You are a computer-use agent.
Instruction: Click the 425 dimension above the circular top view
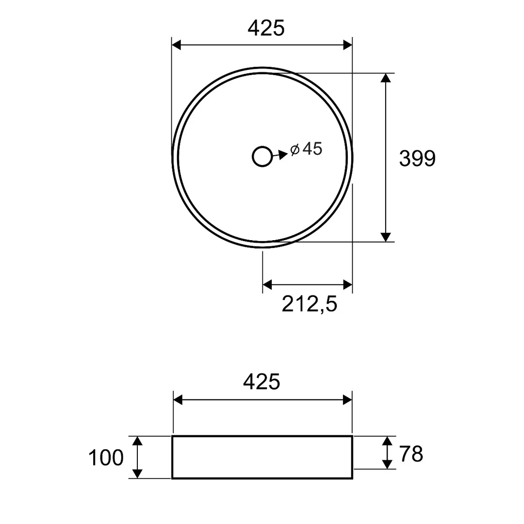(x=266, y=28)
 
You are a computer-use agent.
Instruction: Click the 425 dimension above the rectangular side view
(x=262, y=382)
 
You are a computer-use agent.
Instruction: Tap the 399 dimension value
(x=417, y=158)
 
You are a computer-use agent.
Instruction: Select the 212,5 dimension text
(x=310, y=304)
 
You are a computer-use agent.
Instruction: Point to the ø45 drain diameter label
(x=306, y=149)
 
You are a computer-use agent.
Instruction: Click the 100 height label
(x=106, y=458)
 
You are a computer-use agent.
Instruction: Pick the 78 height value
(x=411, y=454)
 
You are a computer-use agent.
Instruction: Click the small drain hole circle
(x=262, y=156)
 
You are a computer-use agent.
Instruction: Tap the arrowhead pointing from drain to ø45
(x=283, y=154)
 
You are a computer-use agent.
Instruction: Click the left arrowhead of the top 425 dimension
(x=176, y=45)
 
